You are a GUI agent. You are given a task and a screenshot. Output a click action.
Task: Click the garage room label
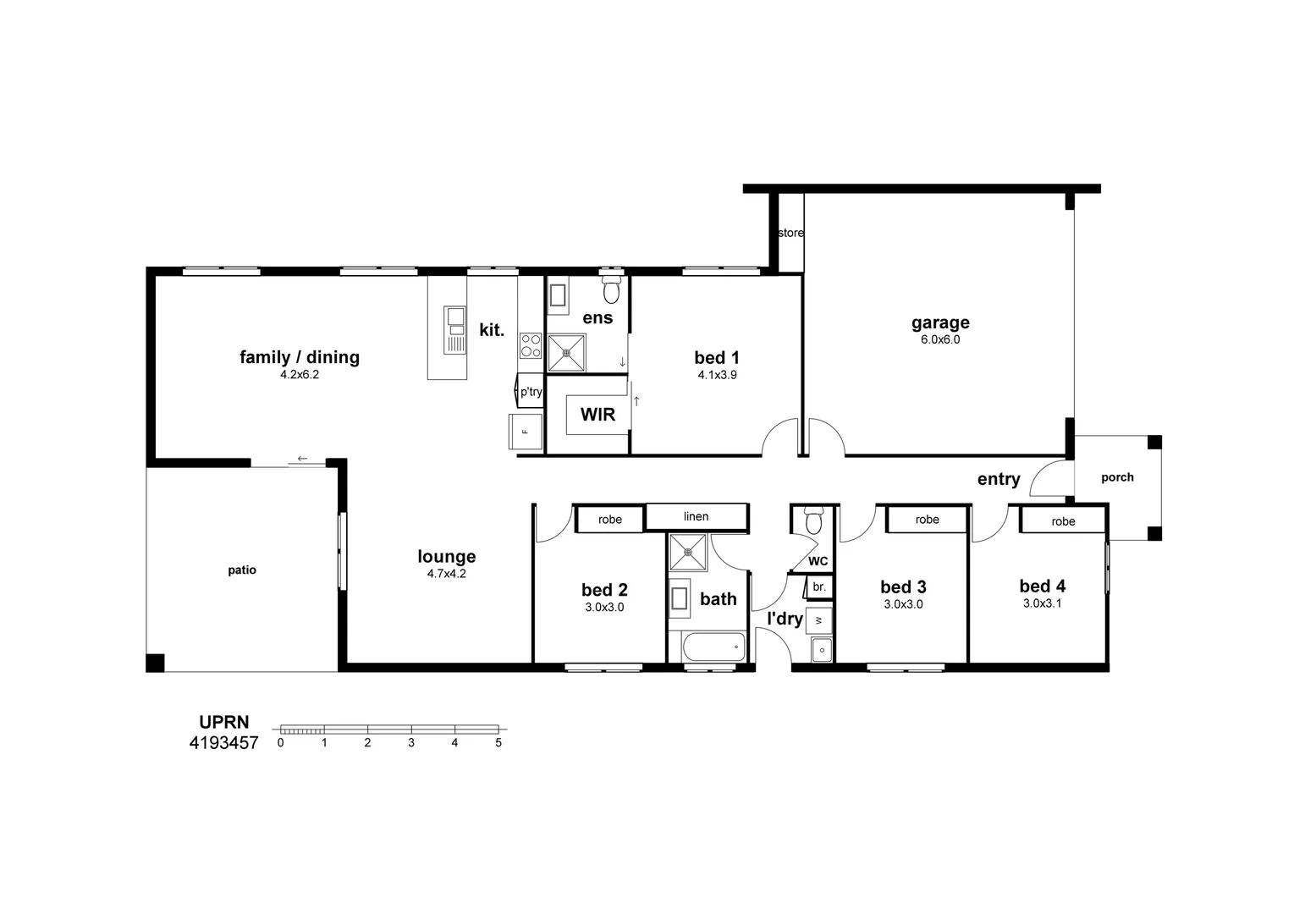(x=940, y=322)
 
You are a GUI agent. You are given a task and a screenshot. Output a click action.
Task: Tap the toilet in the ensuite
(x=611, y=290)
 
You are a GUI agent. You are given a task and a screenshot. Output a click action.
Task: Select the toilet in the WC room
(x=813, y=520)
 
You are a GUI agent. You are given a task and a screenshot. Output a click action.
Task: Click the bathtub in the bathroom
(x=707, y=647)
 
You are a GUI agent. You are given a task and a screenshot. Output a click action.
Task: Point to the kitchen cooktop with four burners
(x=531, y=345)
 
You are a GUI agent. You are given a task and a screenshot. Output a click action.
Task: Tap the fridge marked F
(x=524, y=432)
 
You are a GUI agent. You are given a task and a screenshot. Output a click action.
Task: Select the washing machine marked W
(x=818, y=620)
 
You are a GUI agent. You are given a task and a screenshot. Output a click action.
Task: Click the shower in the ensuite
(x=566, y=353)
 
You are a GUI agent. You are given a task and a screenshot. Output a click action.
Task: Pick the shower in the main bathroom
(x=688, y=553)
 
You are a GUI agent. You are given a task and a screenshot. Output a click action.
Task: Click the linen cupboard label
(x=696, y=516)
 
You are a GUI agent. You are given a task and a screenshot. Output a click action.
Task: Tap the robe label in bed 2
(x=609, y=520)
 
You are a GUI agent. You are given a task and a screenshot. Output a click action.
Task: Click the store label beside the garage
(x=790, y=233)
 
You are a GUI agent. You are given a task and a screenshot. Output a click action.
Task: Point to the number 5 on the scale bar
(x=498, y=743)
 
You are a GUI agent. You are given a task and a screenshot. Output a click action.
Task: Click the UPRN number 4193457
(x=224, y=743)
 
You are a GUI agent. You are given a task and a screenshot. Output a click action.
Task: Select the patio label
(x=242, y=570)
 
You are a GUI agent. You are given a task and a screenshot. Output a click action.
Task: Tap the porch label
(x=1117, y=477)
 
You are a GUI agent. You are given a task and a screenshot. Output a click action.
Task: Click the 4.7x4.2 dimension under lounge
(x=446, y=573)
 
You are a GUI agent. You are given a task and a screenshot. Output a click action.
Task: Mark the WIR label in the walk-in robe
(x=597, y=415)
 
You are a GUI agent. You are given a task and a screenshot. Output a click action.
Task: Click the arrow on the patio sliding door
(x=302, y=460)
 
